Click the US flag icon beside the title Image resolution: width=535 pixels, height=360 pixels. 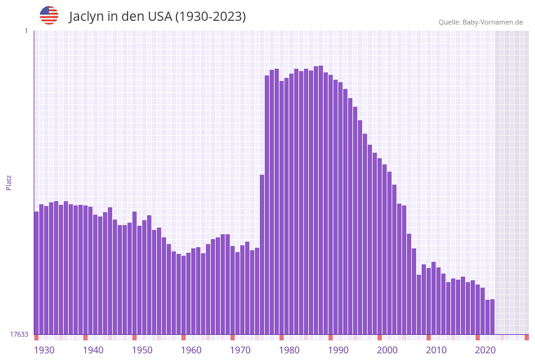tap(49, 15)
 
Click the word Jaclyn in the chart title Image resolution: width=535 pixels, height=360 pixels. tap(86, 17)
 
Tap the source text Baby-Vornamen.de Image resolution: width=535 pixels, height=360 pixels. tap(493, 22)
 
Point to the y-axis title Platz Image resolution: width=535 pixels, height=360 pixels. tap(9, 182)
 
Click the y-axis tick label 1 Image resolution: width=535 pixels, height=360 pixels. tap(26, 31)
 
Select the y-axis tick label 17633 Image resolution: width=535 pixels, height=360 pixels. tap(19, 334)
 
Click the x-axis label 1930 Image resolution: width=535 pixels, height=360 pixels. tap(44, 350)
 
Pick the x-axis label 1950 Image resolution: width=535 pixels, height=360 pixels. tap(142, 350)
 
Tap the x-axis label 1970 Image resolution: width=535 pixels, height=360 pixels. tap(240, 350)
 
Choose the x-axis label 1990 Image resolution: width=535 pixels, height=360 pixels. tap(338, 350)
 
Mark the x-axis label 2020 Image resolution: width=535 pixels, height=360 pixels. tap(485, 350)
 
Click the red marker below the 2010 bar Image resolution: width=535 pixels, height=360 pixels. tap(429, 337)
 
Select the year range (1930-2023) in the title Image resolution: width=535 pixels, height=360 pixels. tap(211, 17)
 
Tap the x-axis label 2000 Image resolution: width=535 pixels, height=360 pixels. tap(387, 350)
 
